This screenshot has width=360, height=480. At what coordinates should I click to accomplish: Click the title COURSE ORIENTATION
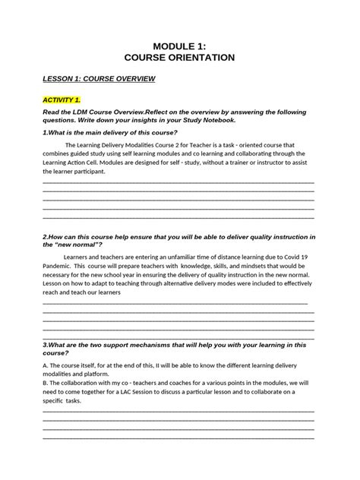coord(179,57)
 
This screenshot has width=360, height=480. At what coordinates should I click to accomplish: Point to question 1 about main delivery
coord(110,132)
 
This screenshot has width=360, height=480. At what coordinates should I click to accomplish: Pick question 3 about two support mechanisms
coord(175,344)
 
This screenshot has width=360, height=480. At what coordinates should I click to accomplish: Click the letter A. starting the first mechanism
coord(46,365)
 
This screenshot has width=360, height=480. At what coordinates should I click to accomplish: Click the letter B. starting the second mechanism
coord(46,383)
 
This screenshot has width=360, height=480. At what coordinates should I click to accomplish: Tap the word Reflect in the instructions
coord(162,111)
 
